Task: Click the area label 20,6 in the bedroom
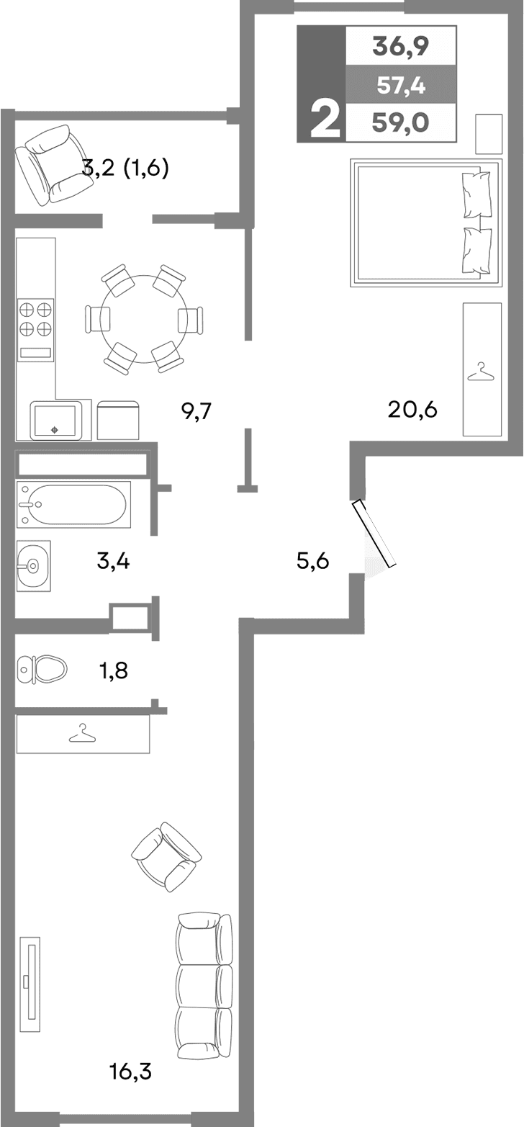412,410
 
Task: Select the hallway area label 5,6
312,560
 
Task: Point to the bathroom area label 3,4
113,560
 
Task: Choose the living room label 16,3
131,1072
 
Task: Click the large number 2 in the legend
324,119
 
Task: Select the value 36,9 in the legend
400,47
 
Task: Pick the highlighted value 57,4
401,86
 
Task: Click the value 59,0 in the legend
400,123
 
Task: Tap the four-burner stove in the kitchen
35,319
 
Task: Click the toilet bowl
42,669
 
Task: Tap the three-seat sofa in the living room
204,984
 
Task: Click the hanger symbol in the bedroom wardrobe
482,372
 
